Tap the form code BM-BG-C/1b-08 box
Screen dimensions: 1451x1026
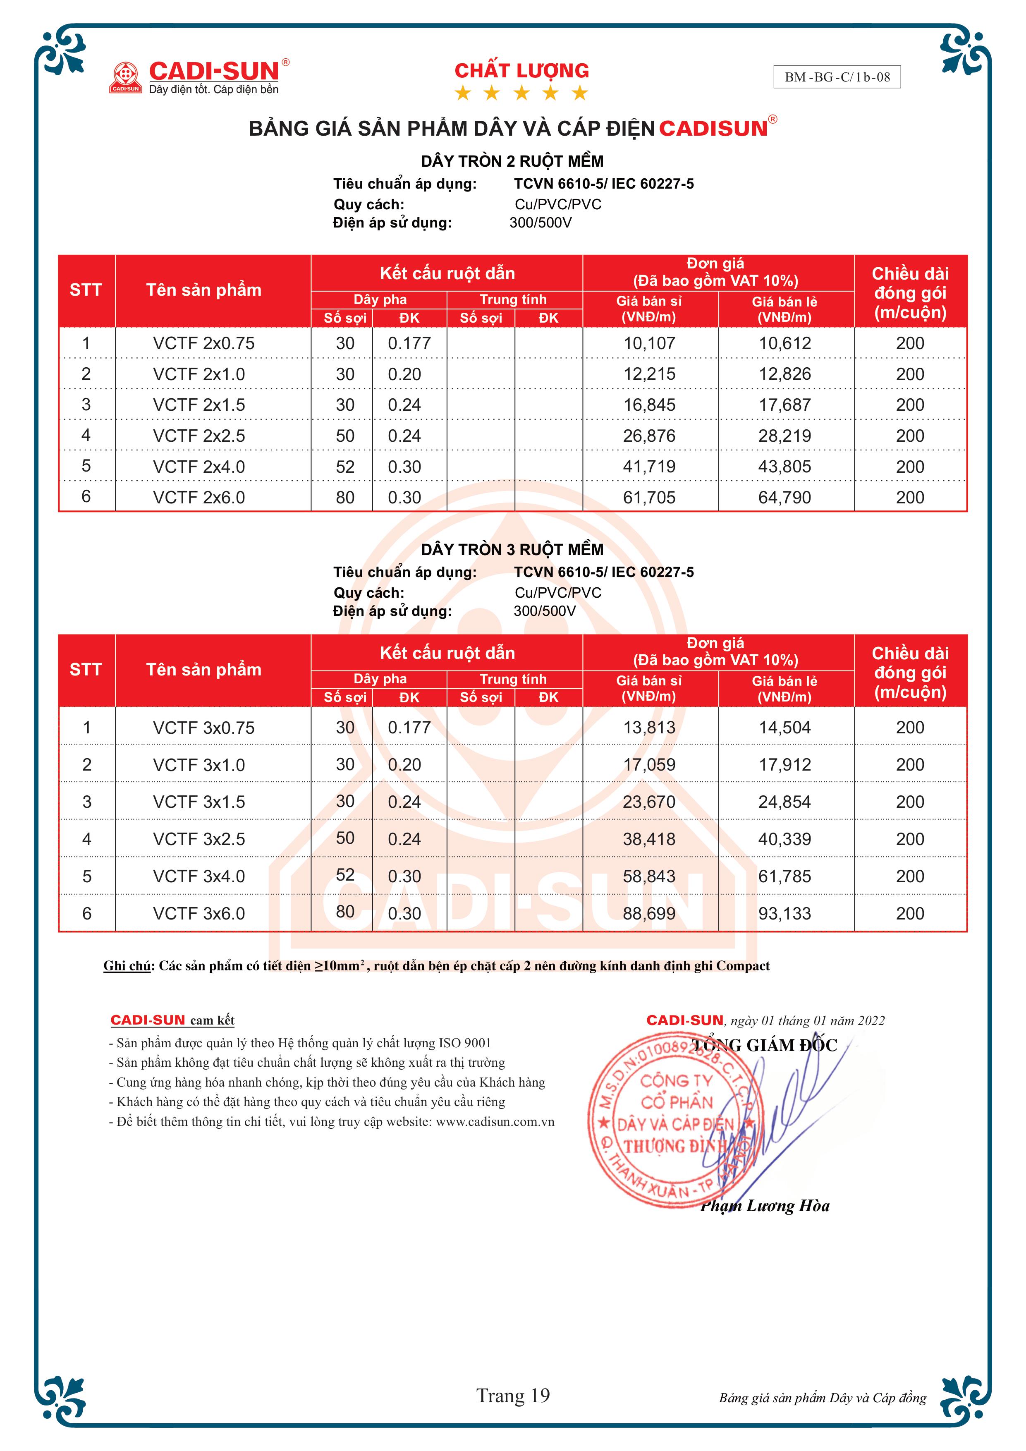837,77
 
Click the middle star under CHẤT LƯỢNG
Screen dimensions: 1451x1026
521,93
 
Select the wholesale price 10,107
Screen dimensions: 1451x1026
649,343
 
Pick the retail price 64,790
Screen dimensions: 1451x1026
784,497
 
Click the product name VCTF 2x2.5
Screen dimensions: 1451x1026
199,436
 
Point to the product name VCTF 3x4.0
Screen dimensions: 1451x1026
199,876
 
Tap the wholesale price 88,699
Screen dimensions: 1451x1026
649,913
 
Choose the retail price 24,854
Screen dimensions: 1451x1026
784,802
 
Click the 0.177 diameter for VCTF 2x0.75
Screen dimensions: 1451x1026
409,343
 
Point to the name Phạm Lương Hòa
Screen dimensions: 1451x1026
765,1206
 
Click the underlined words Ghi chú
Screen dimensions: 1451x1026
127,966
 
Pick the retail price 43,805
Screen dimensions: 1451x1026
784,467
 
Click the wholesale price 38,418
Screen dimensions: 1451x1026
649,839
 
